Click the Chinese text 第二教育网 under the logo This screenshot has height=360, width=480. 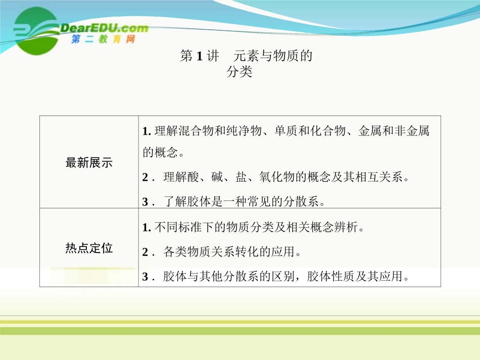(x=103, y=39)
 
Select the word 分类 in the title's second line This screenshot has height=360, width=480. (x=239, y=72)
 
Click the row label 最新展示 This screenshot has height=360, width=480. (x=89, y=163)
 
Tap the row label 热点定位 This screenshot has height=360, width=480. (x=89, y=248)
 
